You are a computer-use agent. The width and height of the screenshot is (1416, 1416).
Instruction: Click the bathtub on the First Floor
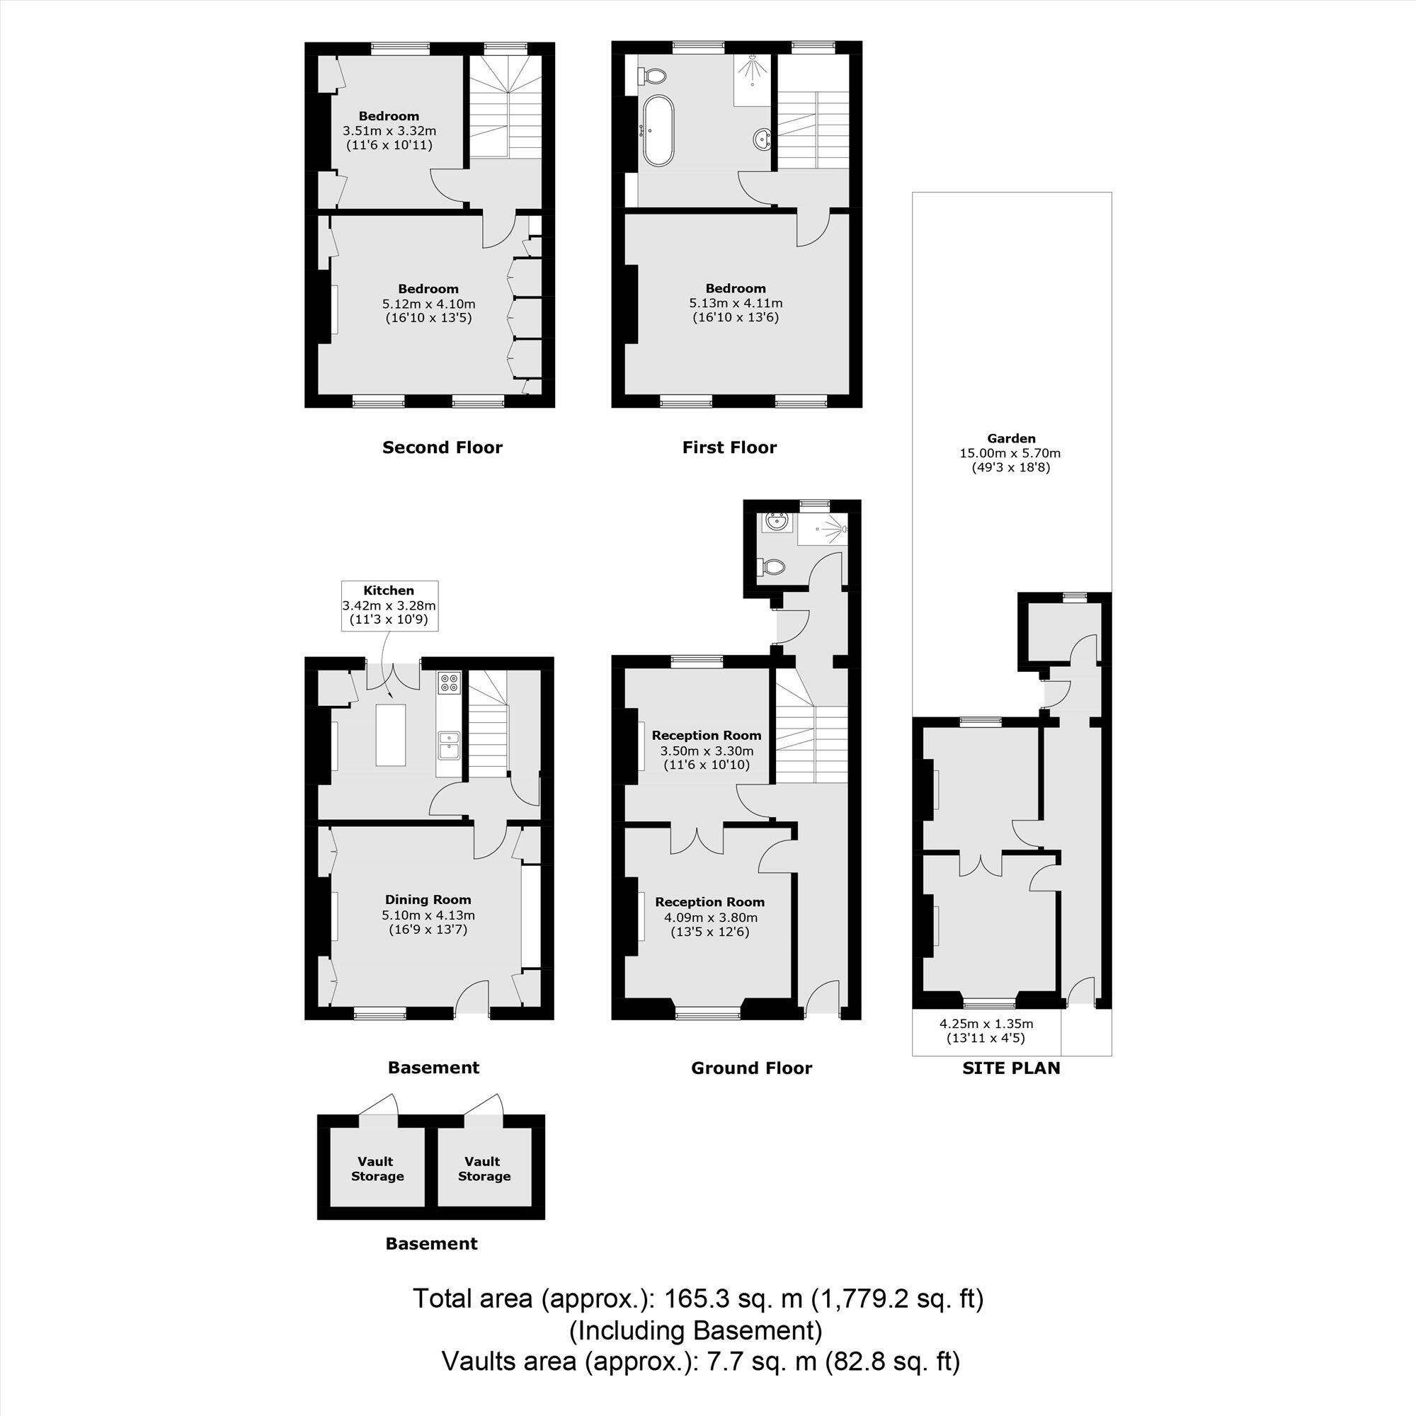653,130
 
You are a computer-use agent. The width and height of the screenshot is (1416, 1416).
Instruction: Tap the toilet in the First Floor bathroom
652,76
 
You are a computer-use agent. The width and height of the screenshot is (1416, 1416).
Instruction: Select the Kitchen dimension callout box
389,605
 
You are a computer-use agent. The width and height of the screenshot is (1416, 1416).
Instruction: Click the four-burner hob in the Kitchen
448,683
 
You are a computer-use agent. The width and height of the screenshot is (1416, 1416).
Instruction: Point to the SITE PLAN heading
1011,1068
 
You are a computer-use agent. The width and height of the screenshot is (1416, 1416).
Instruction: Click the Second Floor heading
442,448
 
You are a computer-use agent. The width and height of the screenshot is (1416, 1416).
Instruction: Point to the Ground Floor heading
751,1068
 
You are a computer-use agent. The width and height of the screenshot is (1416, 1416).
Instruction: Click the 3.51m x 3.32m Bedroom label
389,130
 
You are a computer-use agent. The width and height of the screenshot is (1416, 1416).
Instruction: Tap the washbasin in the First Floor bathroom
762,138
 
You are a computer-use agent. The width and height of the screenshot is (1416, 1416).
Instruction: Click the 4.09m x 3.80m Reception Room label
709,917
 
